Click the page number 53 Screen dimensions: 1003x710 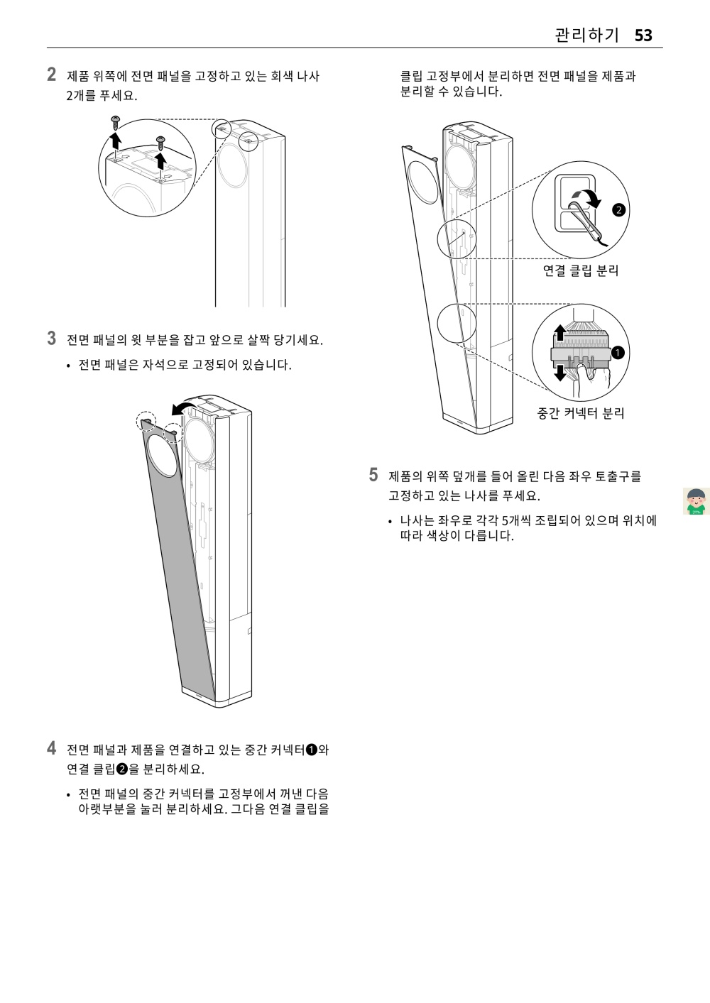pos(643,35)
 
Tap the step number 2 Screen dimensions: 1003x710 pos(52,75)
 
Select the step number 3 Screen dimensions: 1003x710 pos(52,338)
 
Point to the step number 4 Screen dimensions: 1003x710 pos(52,748)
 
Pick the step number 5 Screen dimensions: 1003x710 pos(373,475)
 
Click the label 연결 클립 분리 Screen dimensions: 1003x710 pos(581,270)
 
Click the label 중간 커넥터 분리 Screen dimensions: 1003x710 pos(581,413)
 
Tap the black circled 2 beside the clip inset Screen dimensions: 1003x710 pos(618,210)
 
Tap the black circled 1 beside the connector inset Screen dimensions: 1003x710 pos(618,353)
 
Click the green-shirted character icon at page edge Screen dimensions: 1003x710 pos(697,500)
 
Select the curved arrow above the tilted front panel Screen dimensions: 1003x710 pos(184,407)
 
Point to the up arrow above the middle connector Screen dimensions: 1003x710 pos(560,331)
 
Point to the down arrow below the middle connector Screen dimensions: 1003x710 pos(560,371)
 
